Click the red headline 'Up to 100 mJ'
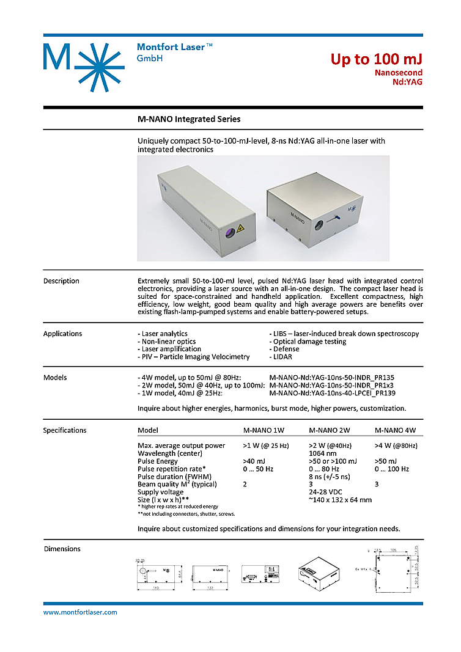pyautogui.click(x=376, y=59)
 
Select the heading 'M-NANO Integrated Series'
pyautogui.click(x=189, y=119)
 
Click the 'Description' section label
pyautogui.click(x=61, y=281)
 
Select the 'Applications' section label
pyautogui.click(x=62, y=334)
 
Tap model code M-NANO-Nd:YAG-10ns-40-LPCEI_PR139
pyautogui.click(x=332, y=393)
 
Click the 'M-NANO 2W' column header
pyautogui.click(x=330, y=430)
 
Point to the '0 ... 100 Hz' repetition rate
pyautogui.click(x=391, y=469)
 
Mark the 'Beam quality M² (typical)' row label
pyautogui.click(x=177, y=484)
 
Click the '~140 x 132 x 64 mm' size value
pyautogui.click(x=341, y=500)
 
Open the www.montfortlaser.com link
pyautogui.click(x=80, y=612)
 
